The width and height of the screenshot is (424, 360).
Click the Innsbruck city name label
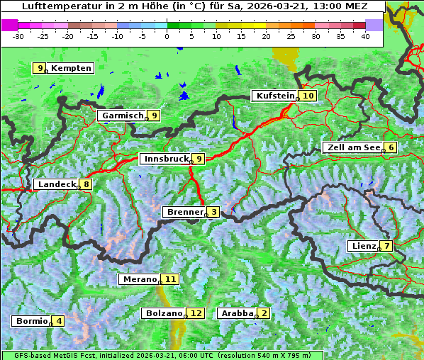point(166,159)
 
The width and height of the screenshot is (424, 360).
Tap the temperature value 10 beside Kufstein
point(308,96)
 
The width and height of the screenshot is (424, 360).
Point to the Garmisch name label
point(123,116)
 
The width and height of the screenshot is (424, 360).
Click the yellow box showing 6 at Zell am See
point(391,147)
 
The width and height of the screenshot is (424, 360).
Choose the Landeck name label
point(56,184)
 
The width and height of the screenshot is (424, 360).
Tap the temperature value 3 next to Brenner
point(213,212)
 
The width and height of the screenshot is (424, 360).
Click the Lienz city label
point(363,246)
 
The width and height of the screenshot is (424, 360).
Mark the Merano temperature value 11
point(170,279)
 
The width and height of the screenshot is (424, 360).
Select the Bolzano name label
point(164,313)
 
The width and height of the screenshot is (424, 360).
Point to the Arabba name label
point(237,313)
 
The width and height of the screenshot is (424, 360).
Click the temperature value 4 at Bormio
point(60,321)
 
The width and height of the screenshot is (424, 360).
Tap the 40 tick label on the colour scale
point(365,35)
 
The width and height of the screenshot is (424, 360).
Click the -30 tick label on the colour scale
point(18,35)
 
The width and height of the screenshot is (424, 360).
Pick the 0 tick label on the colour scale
point(167,35)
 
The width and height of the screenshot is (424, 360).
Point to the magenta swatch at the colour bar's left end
point(9,24)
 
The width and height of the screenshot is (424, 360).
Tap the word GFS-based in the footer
point(21,355)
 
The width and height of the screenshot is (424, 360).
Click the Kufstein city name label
point(273,96)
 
